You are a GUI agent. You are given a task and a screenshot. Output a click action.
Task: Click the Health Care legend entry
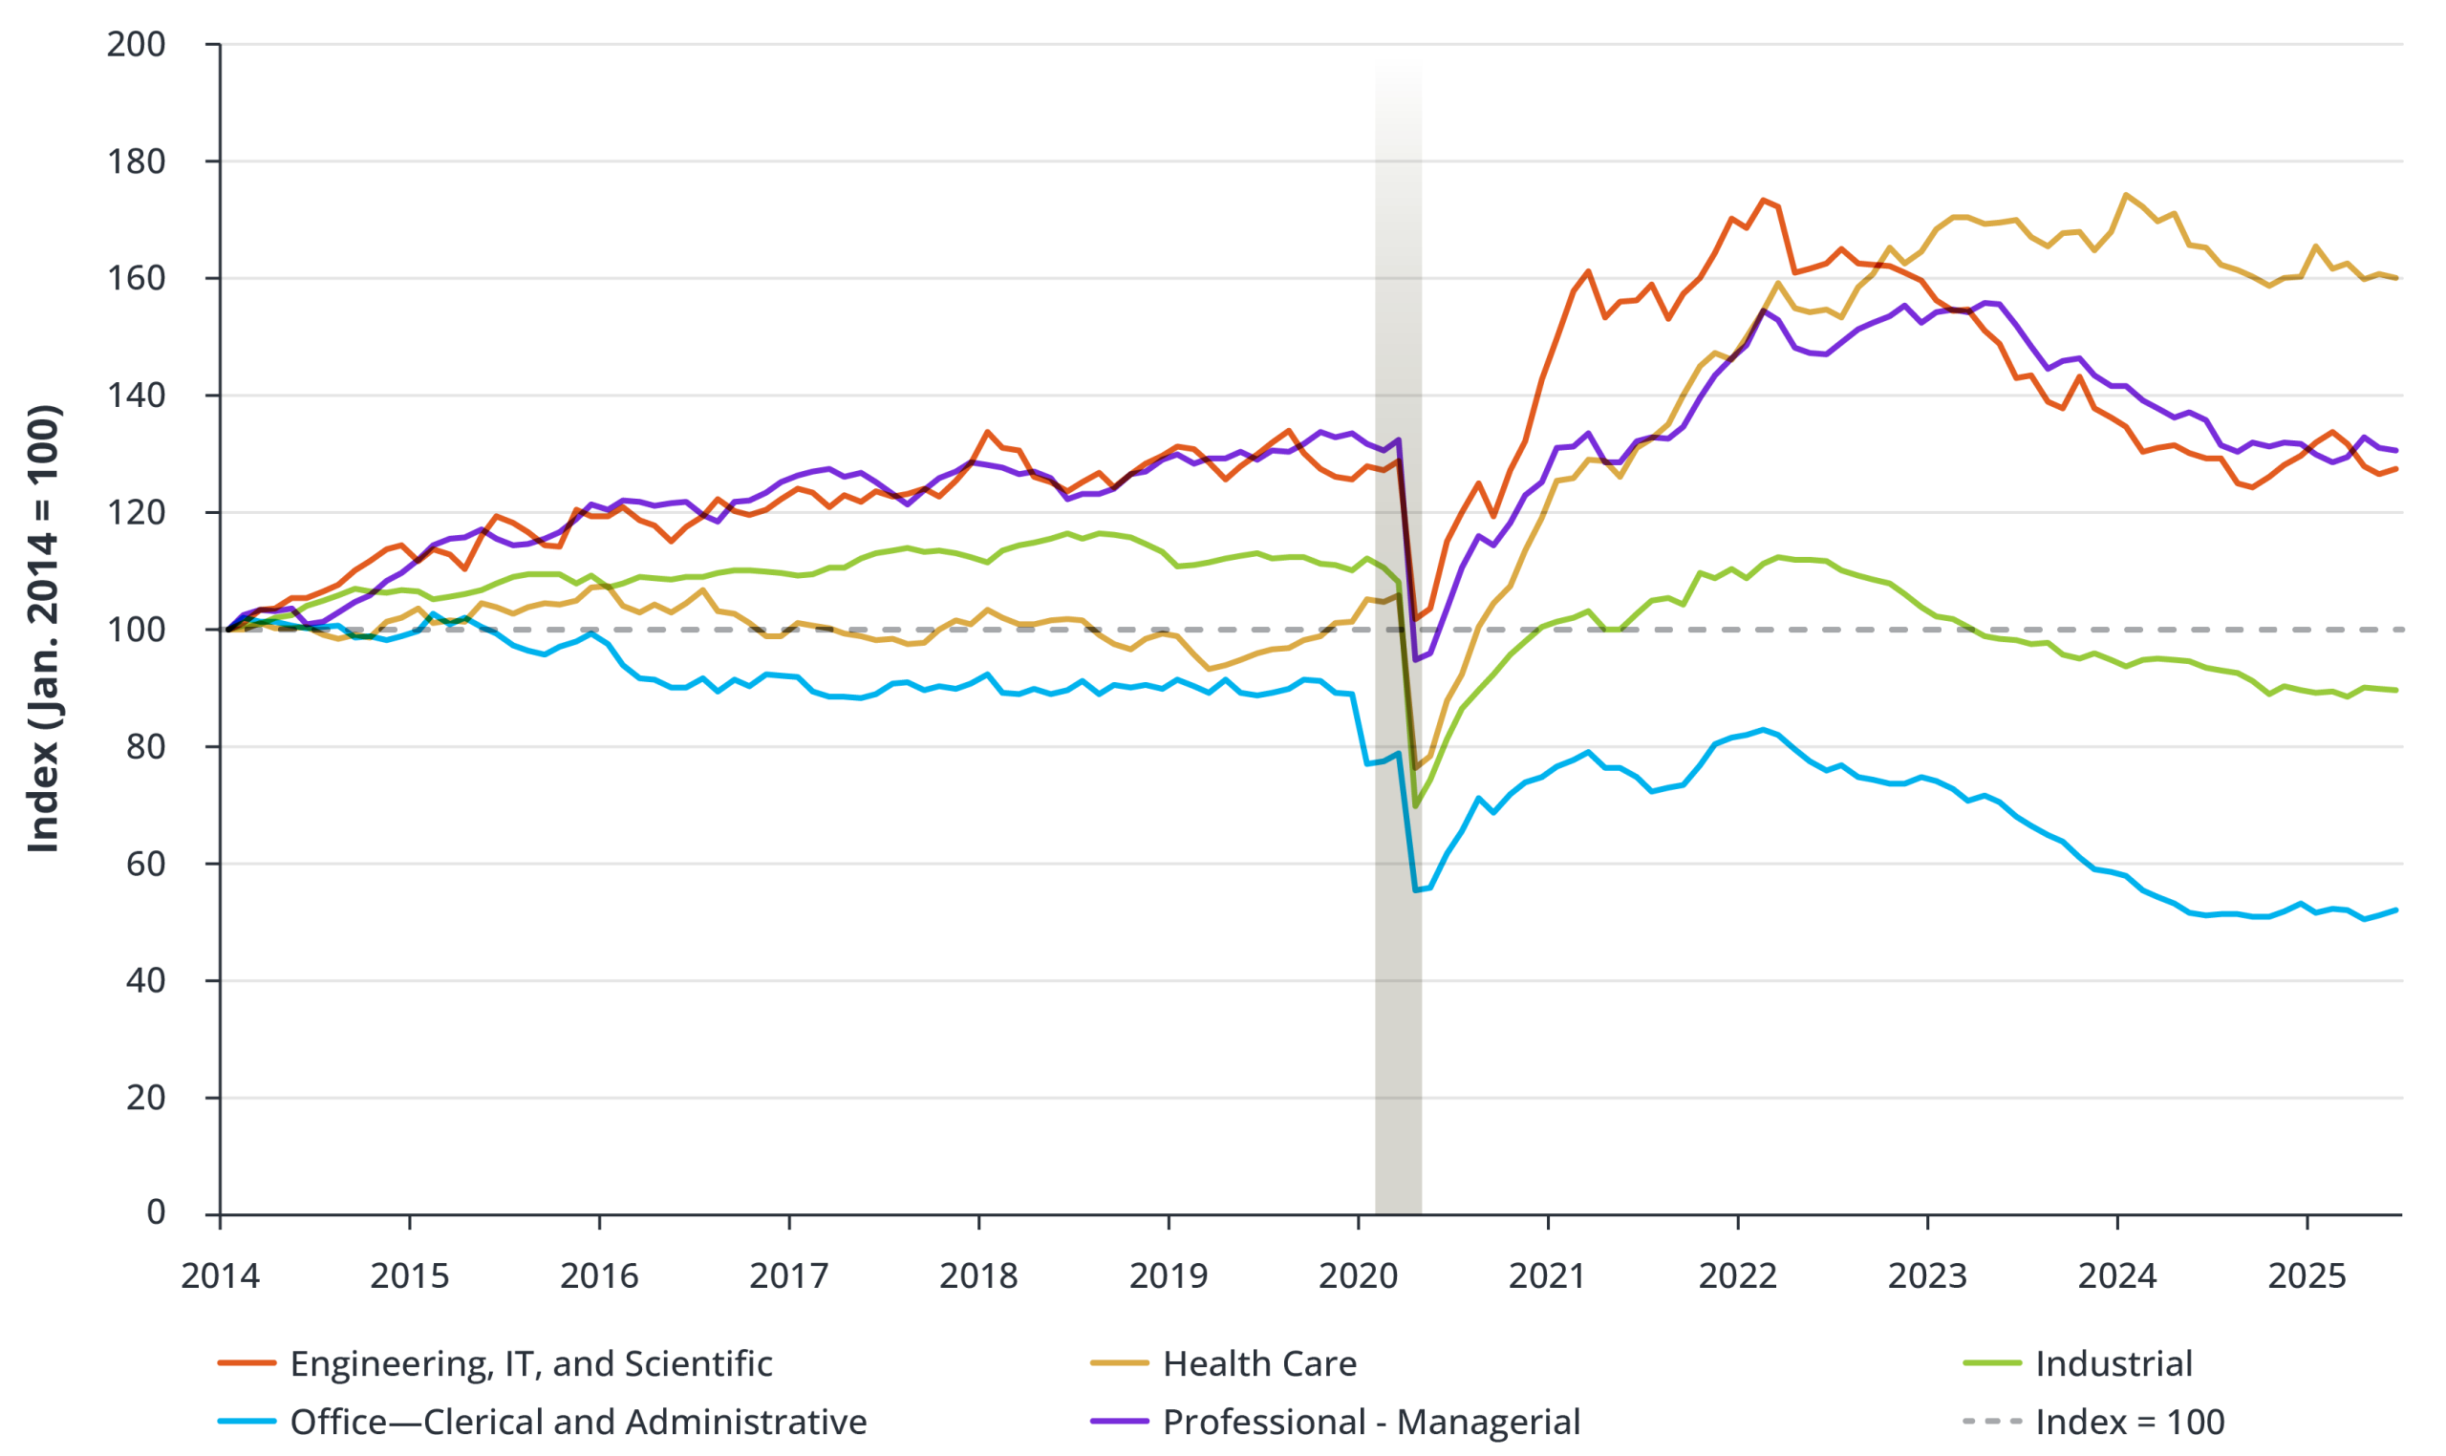1258,1363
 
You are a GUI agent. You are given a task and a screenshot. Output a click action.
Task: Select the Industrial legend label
2113,1363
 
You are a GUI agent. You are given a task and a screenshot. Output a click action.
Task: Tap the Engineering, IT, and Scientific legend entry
531,1363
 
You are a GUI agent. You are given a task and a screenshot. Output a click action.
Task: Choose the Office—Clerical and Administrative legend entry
578,1422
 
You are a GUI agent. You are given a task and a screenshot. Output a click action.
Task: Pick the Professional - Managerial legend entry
1371,1422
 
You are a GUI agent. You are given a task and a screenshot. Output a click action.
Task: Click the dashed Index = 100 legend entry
2129,1422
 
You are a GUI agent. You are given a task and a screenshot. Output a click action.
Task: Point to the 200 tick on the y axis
136,44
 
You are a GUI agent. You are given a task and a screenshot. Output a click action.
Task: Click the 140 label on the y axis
136,396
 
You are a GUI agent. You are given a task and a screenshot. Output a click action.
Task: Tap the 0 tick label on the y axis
155,1212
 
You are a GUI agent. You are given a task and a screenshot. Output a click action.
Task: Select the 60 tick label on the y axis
145,864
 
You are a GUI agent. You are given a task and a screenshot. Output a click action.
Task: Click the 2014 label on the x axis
220,1276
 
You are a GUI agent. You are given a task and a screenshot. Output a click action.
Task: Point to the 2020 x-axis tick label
1358,1276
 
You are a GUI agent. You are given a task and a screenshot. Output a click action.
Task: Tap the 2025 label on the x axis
2307,1276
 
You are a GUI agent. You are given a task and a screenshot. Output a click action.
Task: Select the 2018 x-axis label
978,1276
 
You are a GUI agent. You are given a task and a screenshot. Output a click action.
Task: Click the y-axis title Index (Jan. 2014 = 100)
43,629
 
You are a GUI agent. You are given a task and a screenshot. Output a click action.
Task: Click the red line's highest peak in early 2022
1763,200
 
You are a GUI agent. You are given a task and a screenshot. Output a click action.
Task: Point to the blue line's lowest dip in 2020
1415,889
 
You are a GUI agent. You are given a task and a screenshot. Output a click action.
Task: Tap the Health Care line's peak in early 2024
2125,194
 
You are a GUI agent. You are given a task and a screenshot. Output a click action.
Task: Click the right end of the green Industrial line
2396,691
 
